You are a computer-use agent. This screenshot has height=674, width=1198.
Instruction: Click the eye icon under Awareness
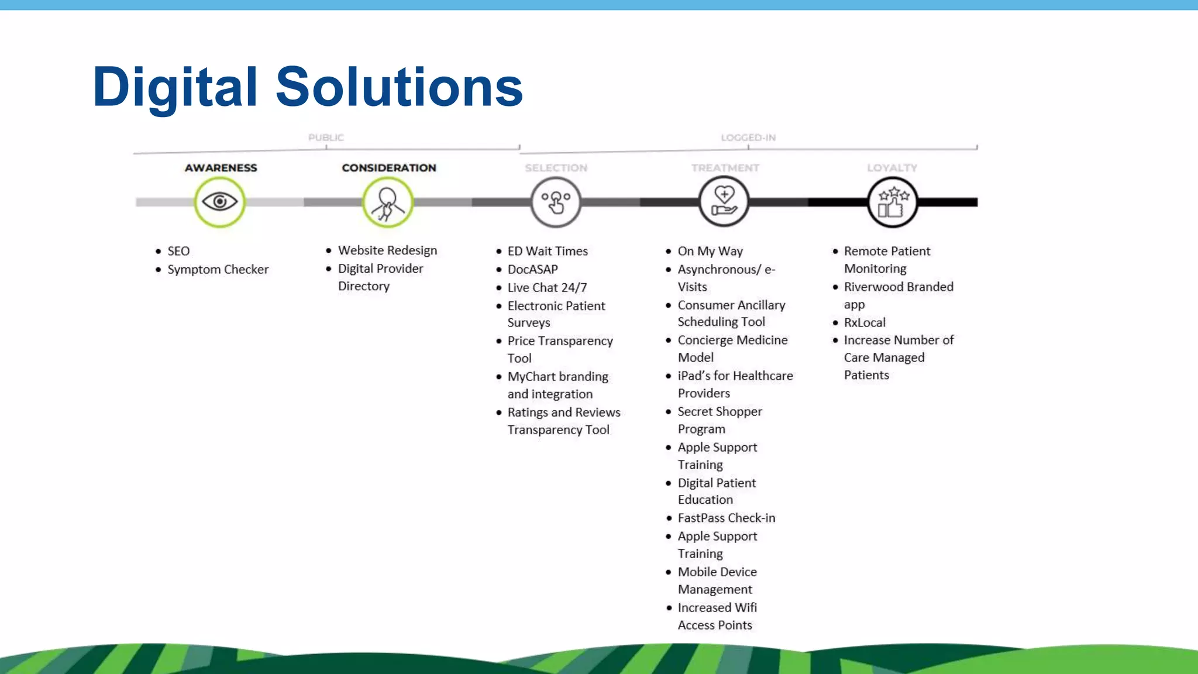tap(219, 202)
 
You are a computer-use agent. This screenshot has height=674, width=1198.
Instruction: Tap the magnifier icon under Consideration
tap(388, 202)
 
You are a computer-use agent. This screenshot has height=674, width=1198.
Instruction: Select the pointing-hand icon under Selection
tap(556, 202)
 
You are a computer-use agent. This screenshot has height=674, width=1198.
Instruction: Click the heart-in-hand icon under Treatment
tap(724, 202)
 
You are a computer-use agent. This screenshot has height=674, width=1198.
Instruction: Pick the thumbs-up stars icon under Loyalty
tap(892, 202)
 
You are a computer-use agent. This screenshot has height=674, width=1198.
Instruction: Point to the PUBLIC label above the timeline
tap(326, 137)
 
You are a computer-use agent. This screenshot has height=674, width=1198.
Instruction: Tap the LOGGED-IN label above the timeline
tap(748, 137)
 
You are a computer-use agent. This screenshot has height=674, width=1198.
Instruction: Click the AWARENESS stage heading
tap(221, 168)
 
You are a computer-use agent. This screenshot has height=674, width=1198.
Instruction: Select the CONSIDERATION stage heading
tap(389, 168)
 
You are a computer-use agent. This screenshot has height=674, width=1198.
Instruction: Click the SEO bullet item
tap(178, 251)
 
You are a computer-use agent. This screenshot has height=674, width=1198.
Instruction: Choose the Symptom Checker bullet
tap(218, 269)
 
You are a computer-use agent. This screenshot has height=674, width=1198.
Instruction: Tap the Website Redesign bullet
tap(387, 250)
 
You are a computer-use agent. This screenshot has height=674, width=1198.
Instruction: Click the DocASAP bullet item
tap(532, 269)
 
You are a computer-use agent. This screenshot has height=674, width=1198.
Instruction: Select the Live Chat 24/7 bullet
tap(547, 287)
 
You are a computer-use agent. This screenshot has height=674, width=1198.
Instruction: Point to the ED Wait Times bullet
tap(548, 251)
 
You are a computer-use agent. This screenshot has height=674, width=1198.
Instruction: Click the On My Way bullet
tap(710, 251)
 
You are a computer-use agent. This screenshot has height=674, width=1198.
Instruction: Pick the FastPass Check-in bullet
tap(726, 518)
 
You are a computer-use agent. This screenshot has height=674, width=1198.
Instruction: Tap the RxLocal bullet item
tap(865, 322)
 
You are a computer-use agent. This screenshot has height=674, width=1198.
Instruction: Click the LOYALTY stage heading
tap(892, 168)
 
